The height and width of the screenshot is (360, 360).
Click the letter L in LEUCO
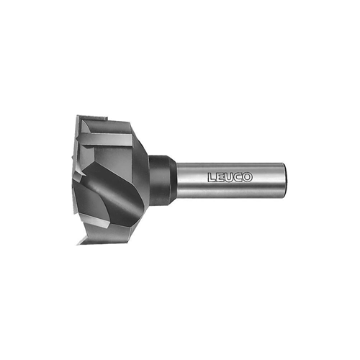point(212,177)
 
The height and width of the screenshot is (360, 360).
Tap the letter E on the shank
point(220,177)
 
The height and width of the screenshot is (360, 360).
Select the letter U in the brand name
point(229,177)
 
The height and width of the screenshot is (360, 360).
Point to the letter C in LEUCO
point(238,177)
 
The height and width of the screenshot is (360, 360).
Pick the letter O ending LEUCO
point(248,177)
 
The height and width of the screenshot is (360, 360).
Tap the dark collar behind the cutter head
point(160,180)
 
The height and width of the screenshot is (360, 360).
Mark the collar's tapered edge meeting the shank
point(174,180)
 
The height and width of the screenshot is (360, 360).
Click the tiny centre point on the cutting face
point(73,158)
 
